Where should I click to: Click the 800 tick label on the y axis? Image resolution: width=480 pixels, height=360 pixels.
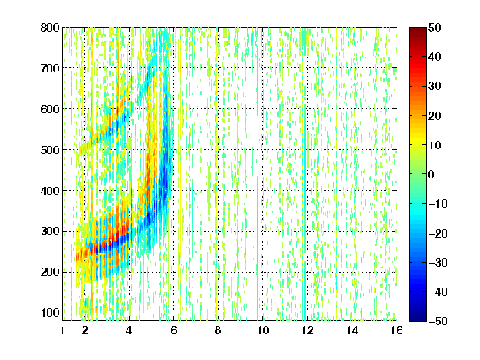(50, 27)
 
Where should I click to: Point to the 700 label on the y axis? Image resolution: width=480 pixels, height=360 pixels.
(50, 68)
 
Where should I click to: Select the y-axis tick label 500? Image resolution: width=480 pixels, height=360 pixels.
(50, 150)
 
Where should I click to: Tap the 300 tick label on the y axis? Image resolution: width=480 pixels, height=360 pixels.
(50, 232)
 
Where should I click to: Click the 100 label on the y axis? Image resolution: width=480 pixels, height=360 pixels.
(50, 312)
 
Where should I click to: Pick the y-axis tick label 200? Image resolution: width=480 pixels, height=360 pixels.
(50, 272)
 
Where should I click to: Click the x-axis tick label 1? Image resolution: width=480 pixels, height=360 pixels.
(62, 331)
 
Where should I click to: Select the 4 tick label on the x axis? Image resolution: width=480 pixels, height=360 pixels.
(129, 331)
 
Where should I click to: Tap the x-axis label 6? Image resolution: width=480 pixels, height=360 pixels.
(173, 331)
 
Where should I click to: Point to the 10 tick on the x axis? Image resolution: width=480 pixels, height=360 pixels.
(263, 331)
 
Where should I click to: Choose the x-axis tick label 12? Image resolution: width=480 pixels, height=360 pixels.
(307, 331)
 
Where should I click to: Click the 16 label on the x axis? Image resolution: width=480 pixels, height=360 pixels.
(397, 331)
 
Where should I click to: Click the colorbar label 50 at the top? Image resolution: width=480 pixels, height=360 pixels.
(435, 27)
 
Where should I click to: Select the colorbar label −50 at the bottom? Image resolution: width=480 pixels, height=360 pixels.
(438, 321)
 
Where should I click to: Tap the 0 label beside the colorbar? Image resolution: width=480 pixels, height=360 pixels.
(432, 174)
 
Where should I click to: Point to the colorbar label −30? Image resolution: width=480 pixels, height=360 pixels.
(438, 262)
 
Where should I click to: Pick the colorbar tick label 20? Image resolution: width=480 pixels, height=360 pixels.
(435, 116)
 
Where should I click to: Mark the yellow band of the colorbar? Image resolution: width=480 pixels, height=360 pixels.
(417, 139)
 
